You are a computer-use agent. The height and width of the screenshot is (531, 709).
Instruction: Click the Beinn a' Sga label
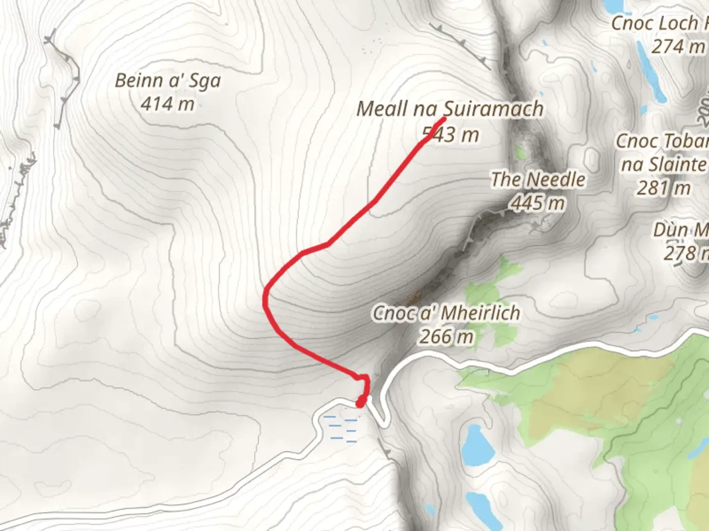[x=168, y=81]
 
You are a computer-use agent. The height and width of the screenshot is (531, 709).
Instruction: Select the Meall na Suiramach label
[x=450, y=109]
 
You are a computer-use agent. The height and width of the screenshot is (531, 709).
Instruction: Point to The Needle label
[x=538, y=180]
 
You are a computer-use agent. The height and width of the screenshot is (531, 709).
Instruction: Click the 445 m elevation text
[x=538, y=203]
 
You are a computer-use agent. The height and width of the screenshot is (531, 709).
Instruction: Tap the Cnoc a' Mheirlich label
[x=446, y=313]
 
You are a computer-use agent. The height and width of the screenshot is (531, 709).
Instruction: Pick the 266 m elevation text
[x=447, y=337]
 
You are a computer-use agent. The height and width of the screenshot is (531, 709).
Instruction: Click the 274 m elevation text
[x=678, y=47]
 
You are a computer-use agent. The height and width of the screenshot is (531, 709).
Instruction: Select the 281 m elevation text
[x=664, y=188]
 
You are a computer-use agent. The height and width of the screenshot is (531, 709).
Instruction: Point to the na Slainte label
[x=664, y=164]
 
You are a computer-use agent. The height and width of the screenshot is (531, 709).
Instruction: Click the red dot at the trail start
[x=361, y=403]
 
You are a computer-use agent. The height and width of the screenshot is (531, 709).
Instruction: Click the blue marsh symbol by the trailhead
[x=340, y=428]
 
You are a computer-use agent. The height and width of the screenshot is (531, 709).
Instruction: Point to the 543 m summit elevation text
[x=451, y=135]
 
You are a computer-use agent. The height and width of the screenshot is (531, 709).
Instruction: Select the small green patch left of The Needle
[x=520, y=152]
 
